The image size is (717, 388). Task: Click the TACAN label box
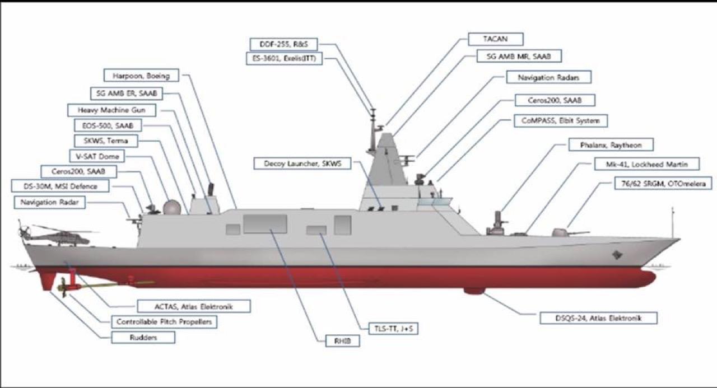pos(495,39)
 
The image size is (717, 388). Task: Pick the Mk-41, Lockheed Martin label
pos(647,164)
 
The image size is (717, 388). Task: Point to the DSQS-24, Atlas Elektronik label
pos(598,319)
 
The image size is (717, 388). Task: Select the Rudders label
pos(143,337)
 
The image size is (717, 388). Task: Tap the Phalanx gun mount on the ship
pos(497,222)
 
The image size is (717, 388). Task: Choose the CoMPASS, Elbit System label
pos(560,120)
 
